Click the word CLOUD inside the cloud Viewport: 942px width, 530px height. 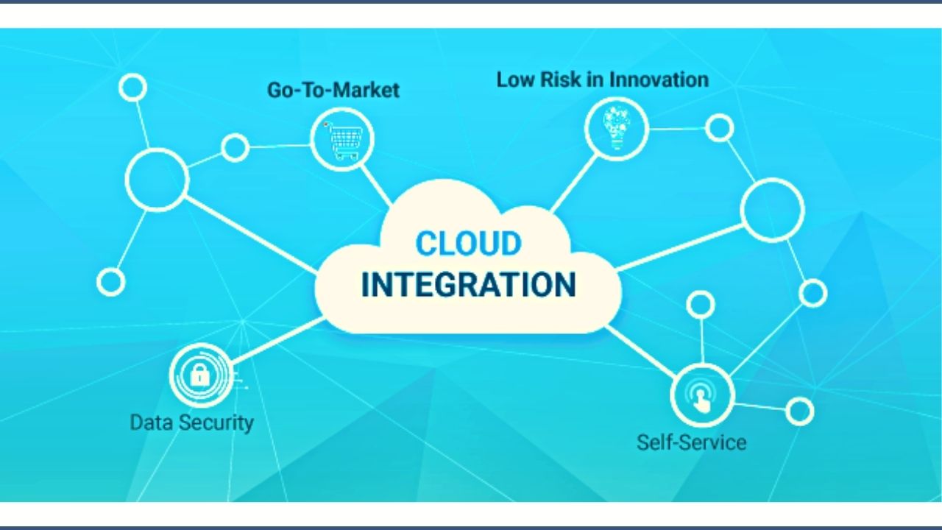[468, 244]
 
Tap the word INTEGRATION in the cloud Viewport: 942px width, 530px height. [468, 285]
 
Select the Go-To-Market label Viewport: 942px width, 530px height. [333, 91]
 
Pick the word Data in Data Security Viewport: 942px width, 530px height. [151, 423]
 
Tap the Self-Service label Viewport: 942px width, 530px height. [691, 442]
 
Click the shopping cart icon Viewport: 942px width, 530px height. [342, 138]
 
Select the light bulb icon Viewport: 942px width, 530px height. [616, 127]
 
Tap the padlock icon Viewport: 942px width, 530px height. [200, 375]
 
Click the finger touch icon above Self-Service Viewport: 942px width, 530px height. [702, 395]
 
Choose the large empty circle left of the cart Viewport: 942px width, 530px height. [157, 178]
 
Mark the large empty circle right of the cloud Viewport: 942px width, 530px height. [772, 210]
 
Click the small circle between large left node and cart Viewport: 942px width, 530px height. [235, 148]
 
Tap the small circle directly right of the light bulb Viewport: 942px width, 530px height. [719, 128]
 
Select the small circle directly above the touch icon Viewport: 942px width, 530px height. [700, 304]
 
